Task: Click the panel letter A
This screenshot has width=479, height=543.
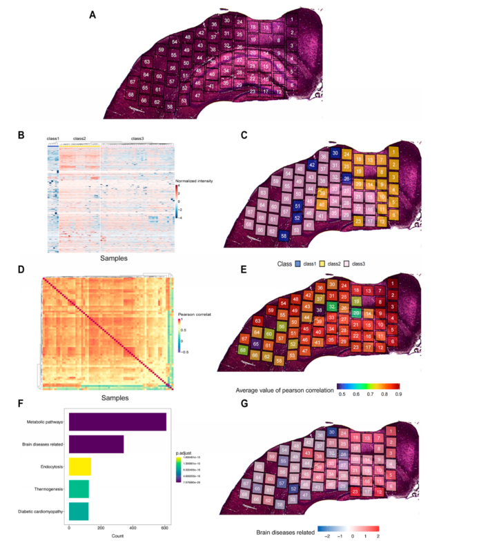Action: (x=92, y=14)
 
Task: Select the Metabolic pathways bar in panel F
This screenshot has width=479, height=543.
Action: (x=117, y=422)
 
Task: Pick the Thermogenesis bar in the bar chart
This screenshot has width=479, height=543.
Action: (x=78, y=489)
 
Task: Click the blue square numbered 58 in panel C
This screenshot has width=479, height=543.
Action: (x=284, y=236)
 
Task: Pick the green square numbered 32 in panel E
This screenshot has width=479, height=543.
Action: (x=332, y=307)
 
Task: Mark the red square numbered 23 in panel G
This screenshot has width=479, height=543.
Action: (x=355, y=491)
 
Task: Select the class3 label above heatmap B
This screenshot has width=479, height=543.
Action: (x=137, y=138)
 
